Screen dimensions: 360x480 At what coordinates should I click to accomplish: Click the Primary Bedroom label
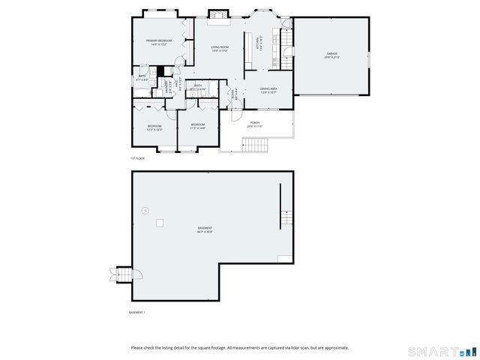(159, 42)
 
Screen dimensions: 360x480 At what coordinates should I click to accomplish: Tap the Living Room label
(219, 49)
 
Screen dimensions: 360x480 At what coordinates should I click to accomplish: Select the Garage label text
(331, 55)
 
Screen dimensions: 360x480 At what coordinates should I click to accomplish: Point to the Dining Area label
(269, 91)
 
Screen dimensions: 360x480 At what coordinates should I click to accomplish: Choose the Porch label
(255, 124)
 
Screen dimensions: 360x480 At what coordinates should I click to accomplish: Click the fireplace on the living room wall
(217, 14)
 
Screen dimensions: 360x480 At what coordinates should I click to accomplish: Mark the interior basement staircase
(286, 219)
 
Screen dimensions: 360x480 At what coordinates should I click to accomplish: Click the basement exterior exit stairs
(120, 274)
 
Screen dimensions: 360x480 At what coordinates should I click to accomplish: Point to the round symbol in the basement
(145, 210)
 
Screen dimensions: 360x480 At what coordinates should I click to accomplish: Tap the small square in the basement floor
(160, 223)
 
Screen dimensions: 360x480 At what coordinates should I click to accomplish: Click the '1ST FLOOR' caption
(137, 158)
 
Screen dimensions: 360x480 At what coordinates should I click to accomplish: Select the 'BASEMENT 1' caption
(137, 312)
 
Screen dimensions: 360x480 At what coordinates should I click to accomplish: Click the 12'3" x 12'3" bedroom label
(154, 127)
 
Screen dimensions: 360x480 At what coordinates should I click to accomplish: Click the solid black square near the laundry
(159, 72)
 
